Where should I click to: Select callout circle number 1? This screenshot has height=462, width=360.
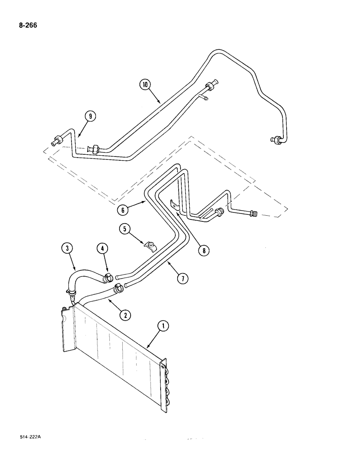pyautogui.click(x=162, y=327)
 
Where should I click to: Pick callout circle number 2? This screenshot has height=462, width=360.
pyautogui.click(x=124, y=316)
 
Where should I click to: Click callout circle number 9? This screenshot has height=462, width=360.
pyautogui.click(x=90, y=116)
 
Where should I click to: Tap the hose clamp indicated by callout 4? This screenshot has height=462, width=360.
pyautogui.click(x=109, y=278)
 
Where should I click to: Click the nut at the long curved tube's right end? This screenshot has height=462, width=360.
pyautogui.click(x=275, y=140)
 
